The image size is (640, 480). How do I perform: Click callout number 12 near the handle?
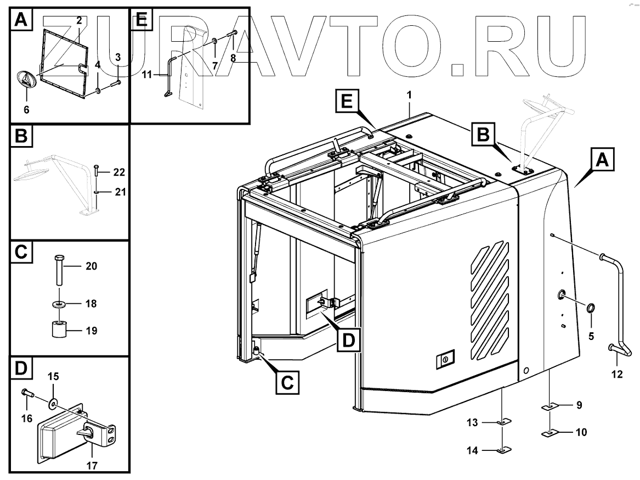(x=617, y=375)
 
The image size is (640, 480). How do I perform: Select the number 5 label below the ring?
(x=591, y=336)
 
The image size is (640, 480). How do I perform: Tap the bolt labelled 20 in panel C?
(x=59, y=269)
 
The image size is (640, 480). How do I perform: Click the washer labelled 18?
(x=59, y=304)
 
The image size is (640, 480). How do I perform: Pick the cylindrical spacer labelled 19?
(x=59, y=331)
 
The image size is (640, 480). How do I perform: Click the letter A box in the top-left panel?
(x=21, y=20)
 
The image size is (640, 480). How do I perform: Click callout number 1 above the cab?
(x=409, y=95)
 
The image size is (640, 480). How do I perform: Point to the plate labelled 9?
(x=550, y=407)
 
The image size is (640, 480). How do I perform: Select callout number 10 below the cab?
(x=579, y=432)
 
